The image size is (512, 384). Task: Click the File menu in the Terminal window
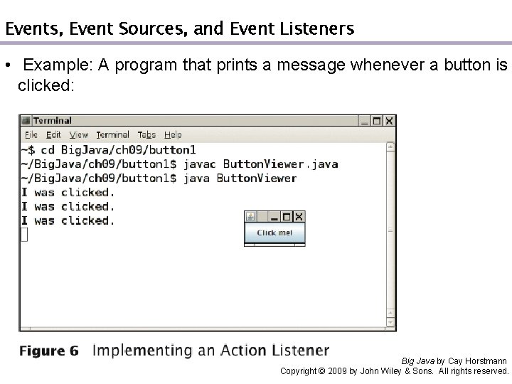click(31, 134)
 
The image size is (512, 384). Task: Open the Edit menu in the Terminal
click(53, 134)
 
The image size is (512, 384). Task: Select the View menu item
click(79, 134)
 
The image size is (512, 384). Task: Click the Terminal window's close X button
click(389, 120)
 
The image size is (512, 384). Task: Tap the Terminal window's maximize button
click(377, 120)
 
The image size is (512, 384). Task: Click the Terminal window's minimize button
click(365, 120)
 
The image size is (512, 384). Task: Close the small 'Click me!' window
click(299, 217)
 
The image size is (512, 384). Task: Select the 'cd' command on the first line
click(47, 150)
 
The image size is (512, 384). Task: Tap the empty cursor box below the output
click(23, 235)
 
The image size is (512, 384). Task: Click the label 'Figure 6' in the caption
click(49, 351)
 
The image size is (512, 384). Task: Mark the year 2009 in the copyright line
click(336, 371)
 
